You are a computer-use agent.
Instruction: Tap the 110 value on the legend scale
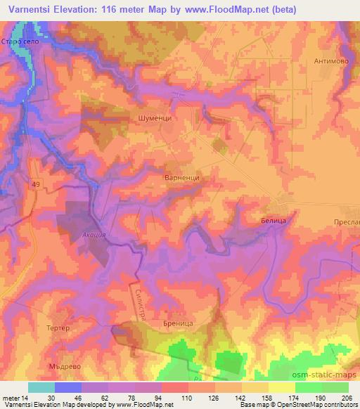point(186,397)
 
